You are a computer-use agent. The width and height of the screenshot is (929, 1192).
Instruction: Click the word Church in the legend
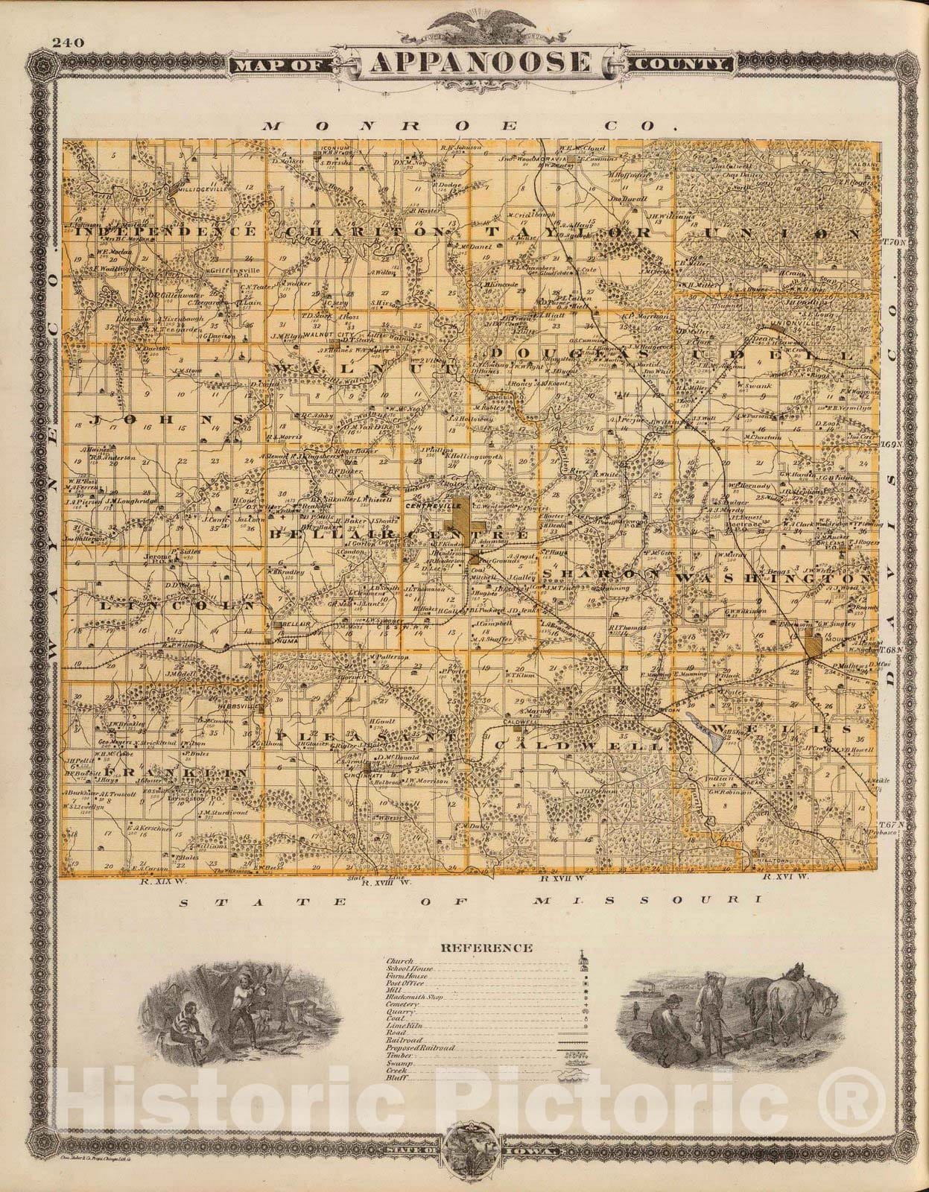point(396,962)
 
